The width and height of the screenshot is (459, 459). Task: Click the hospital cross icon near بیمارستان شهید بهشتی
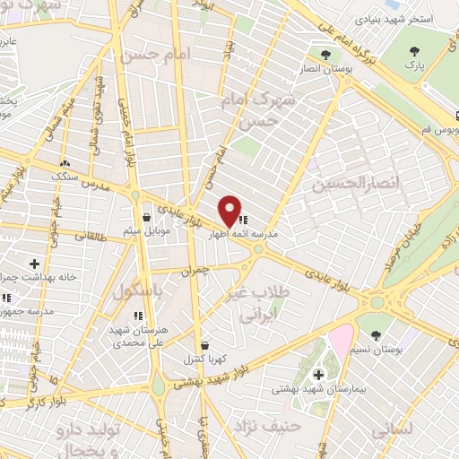point(319,374)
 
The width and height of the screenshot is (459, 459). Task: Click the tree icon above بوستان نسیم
point(375,333)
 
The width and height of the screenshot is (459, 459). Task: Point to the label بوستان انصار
point(351,67)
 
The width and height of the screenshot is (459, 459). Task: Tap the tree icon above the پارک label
point(414,52)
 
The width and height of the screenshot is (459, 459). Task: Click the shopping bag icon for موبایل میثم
point(146,217)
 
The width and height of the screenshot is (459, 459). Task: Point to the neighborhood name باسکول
point(139,291)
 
